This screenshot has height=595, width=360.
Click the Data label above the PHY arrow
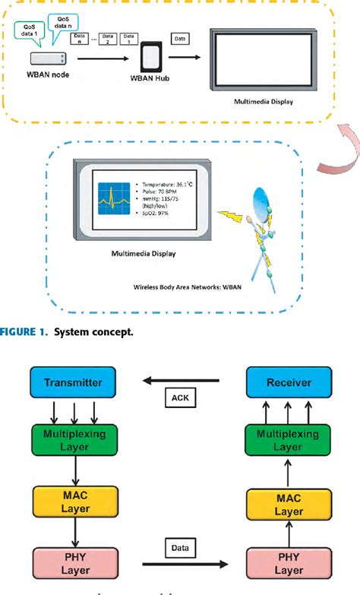tap(180, 545)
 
